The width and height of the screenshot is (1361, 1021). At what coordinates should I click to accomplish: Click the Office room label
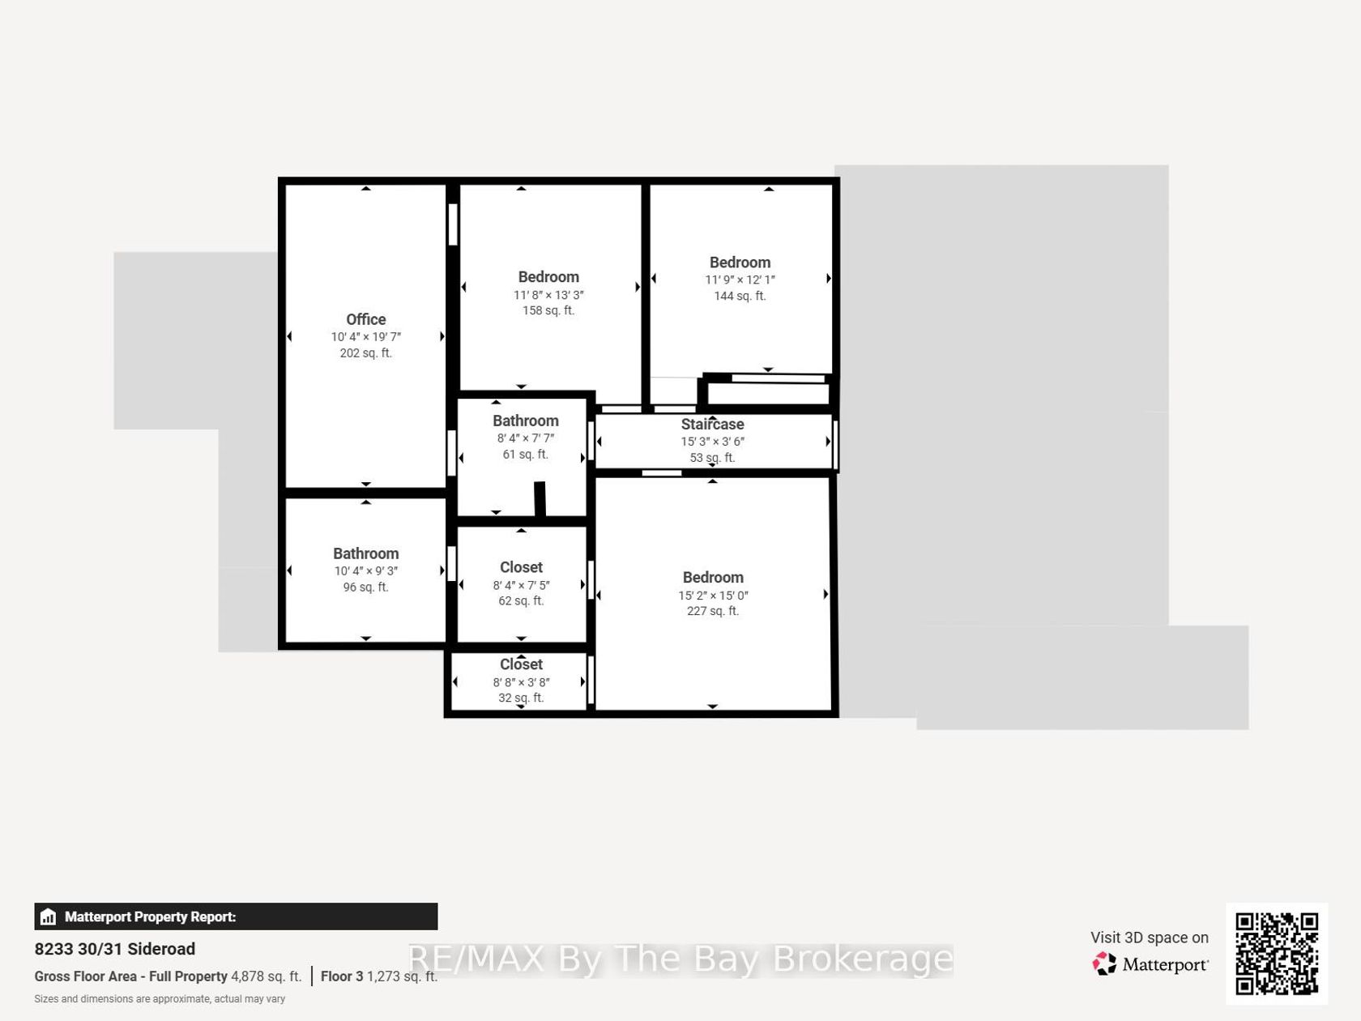[x=366, y=319]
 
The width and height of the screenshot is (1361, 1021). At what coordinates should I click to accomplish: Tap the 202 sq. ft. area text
[x=366, y=352]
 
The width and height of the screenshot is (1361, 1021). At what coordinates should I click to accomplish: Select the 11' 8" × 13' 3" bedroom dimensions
[x=548, y=295]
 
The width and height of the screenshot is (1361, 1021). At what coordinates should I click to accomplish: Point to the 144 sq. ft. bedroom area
[x=740, y=296]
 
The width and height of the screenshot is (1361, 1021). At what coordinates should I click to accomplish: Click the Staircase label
[x=712, y=424]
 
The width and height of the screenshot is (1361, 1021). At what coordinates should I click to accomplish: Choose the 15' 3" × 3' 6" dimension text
[x=712, y=442]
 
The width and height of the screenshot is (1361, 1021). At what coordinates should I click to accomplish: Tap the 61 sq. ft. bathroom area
[x=525, y=455]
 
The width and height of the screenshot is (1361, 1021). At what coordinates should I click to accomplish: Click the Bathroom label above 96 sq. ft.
[x=366, y=553]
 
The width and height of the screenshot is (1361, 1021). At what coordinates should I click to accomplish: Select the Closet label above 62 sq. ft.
[x=521, y=567]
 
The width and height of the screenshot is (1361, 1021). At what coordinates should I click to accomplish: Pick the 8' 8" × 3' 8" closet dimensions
[x=521, y=682]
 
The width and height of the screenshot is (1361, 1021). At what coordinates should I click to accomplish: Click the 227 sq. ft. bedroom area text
[x=713, y=611]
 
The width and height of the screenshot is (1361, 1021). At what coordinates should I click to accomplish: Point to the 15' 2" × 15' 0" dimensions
[x=713, y=595]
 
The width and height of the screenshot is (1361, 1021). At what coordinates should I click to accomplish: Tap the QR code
[x=1277, y=954]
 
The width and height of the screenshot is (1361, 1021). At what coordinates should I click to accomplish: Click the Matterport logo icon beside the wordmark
[x=1104, y=964]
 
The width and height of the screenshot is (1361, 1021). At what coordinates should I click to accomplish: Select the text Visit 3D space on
[x=1150, y=938]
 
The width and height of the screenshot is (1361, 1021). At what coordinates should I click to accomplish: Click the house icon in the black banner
[x=48, y=916]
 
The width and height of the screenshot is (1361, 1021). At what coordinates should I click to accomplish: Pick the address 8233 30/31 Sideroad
[x=115, y=949]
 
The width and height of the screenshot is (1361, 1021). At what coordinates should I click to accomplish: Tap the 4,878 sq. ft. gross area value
[x=266, y=976]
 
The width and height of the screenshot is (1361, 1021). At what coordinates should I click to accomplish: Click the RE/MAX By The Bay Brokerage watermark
[x=680, y=959]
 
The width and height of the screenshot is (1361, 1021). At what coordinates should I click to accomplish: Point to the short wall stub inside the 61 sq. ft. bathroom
[x=540, y=498]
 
